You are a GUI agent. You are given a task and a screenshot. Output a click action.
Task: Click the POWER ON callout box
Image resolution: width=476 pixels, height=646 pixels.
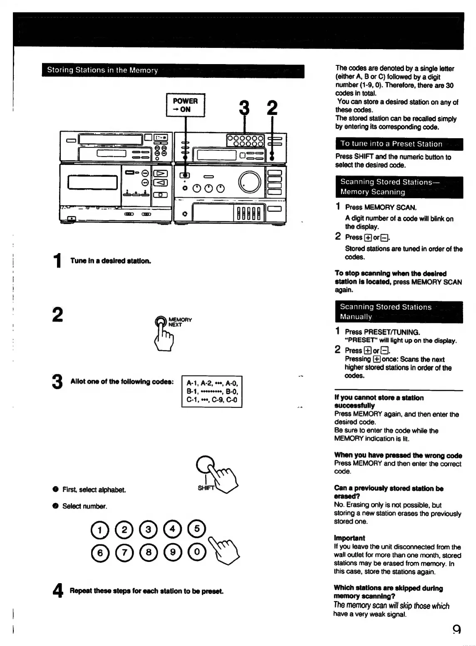click(x=186, y=105)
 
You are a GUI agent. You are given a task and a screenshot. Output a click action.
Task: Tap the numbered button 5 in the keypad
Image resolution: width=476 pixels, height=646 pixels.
click(x=197, y=529)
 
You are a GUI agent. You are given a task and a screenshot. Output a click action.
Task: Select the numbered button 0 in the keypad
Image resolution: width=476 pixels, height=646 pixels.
click(x=197, y=552)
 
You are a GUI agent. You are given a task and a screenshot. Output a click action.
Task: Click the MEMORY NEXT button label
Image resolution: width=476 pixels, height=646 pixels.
click(x=180, y=322)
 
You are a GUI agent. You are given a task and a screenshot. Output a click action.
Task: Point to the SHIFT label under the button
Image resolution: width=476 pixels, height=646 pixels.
click(x=206, y=488)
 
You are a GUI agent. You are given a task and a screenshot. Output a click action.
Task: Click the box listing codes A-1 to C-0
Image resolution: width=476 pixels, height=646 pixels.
click(x=212, y=392)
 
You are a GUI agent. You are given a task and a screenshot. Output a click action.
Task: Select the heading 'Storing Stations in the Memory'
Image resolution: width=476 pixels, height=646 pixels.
click(x=102, y=70)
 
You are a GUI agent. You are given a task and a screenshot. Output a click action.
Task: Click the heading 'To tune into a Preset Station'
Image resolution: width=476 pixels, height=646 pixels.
click(x=391, y=144)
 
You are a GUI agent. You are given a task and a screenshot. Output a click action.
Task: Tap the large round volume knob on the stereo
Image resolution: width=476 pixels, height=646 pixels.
click(x=249, y=182)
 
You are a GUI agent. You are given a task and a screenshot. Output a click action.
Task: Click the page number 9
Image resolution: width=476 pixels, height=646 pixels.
click(x=456, y=629)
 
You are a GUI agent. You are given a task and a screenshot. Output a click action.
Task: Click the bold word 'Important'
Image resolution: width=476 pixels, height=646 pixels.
click(x=349, y=538)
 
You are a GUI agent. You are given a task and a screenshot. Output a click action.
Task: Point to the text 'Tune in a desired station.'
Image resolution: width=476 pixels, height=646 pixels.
click(x=111, y=261)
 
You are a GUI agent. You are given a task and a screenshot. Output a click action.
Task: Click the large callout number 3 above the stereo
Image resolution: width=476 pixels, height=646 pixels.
click(x=244, y=108)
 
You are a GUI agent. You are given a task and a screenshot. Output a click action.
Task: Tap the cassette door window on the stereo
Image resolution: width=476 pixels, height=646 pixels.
click(x=93, y=182)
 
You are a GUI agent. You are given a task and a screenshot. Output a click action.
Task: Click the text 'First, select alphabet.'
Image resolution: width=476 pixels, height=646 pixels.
click(x=94, y=490)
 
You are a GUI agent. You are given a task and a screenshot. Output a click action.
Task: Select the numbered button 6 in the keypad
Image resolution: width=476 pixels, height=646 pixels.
click(x=99, y=552)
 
